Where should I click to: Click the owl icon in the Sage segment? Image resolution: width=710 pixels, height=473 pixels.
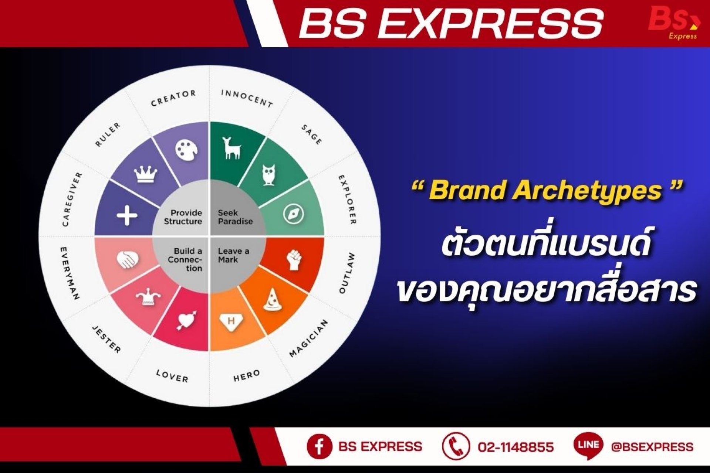pos(268,175)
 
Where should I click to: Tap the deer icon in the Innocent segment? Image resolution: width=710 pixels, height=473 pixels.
pos(231,148)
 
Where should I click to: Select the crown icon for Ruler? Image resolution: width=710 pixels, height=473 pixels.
pos(145,174)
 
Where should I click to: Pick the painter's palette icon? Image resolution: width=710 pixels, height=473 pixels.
pos(186,150)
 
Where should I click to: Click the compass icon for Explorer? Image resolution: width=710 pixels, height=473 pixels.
pos(293,214)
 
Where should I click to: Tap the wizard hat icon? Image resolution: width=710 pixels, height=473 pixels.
pos(273,300)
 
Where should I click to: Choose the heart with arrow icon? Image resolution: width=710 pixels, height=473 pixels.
pos(187,320)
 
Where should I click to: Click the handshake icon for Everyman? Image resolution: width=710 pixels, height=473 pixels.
pos(128,259)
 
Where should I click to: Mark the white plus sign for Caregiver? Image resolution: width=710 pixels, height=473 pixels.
pos(127,215)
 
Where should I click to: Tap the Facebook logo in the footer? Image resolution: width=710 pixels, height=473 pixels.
pos(319,446)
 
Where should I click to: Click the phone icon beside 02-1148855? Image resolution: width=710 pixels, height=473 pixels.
pos(456,446)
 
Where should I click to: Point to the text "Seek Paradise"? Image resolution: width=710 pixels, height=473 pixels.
pos(235,217)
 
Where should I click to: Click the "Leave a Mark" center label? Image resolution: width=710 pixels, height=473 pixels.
pos(233,255)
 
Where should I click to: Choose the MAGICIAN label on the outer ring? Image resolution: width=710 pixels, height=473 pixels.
pos(309,338)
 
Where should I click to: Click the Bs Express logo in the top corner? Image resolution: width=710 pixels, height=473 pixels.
pos(674,23)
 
